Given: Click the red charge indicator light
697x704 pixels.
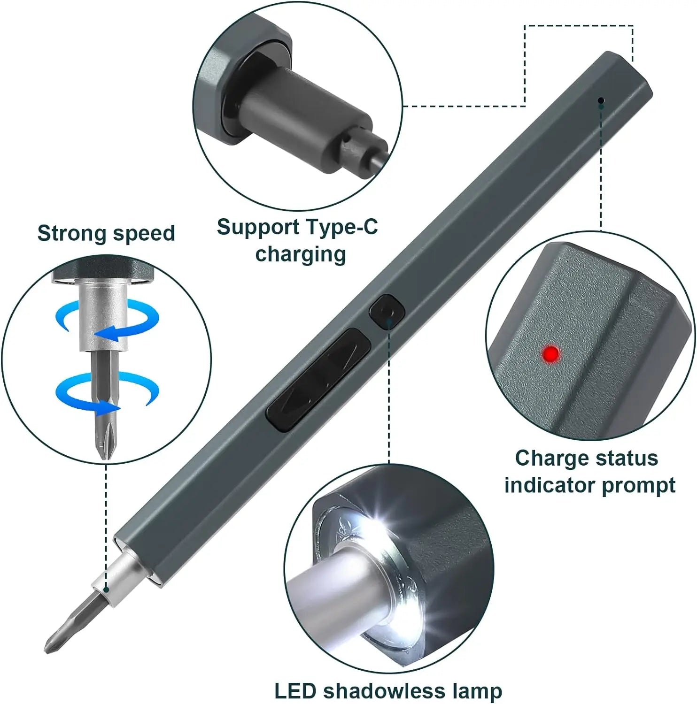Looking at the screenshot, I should [551, 353].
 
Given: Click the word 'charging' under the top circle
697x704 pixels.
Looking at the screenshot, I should [301, 254].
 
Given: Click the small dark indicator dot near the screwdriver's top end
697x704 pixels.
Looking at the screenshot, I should [601, 100].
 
